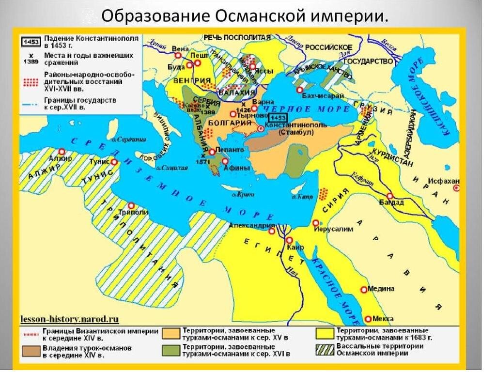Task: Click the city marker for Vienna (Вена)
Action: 178,55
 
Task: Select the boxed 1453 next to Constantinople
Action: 278,118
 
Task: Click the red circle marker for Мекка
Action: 368,319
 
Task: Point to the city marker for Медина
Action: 364,289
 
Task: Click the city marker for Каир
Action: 289,240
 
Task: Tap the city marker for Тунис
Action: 114,162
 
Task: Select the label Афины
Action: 237,169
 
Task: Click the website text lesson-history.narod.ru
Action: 70,319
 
